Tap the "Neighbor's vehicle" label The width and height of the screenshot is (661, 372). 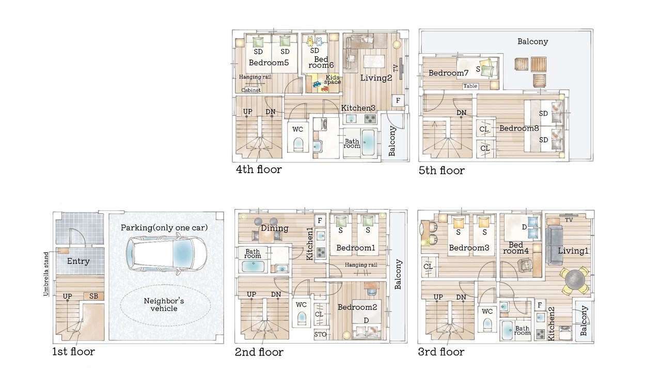[164, 305]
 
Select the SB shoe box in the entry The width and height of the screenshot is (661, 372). [93, 296]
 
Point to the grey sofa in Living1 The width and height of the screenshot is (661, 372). [554, 245]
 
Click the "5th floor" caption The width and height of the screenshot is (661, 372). [442, 171]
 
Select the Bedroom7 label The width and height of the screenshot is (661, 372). [448, 73]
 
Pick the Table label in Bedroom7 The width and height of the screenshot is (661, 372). [470, 86]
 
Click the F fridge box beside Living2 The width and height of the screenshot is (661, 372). [398, 101]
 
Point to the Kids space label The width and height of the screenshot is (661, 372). [332, 80]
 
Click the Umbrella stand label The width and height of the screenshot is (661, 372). [46, 274]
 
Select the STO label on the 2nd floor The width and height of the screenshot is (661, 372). [320, 334]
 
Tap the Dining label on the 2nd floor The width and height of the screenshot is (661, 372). [274, 228]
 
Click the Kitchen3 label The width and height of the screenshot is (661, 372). [358, 108]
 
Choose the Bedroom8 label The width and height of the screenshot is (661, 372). [519, 129]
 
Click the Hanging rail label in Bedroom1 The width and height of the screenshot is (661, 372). [361, 265]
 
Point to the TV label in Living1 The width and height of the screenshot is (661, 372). [569, 220]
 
